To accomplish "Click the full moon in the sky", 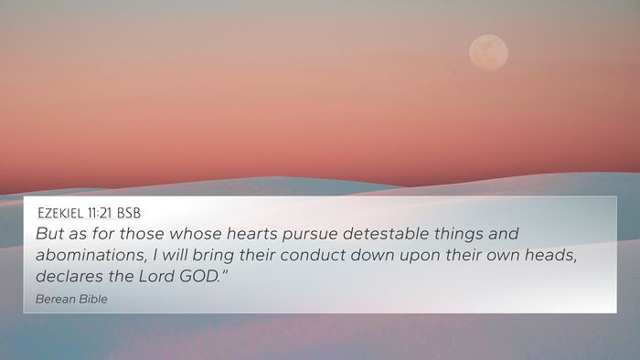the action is pos(488,52).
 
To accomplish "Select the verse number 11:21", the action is pos(99,213).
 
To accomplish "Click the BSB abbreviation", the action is pos(129,213).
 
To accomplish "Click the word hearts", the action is pos(251,234).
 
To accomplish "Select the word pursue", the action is pos(310,235).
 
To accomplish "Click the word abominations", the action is pos(91,255).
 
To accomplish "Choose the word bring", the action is pos(213,256).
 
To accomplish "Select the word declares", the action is pos(69,277).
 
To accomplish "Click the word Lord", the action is pos(156,277).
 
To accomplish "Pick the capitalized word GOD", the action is pos(199,277).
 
